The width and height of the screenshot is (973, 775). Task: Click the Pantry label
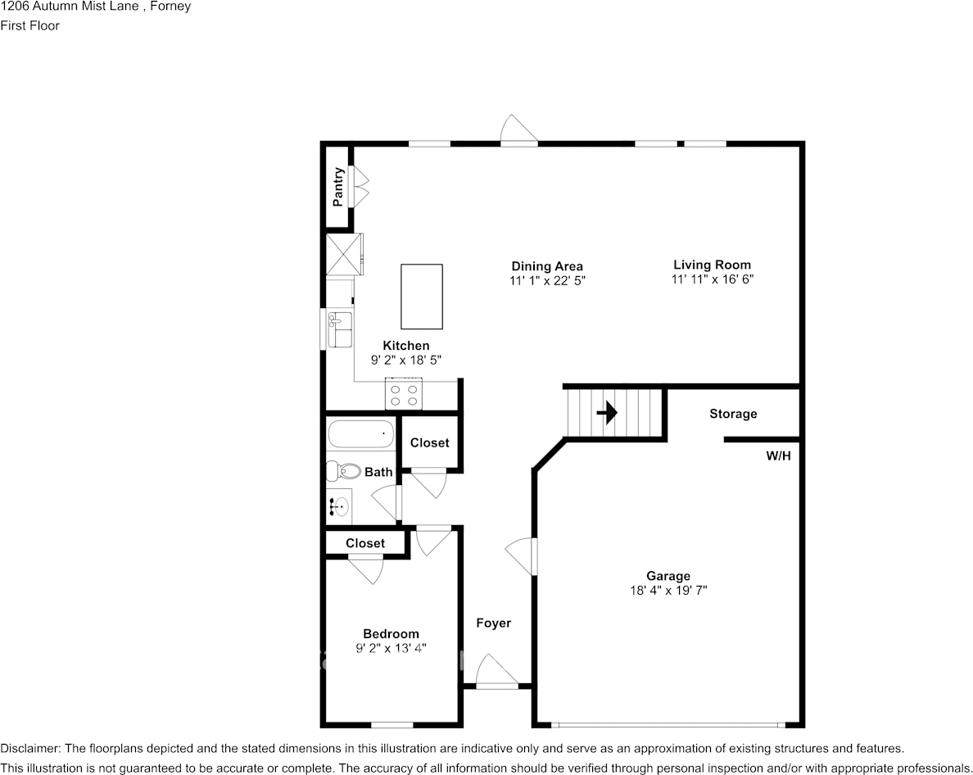click(337, 187)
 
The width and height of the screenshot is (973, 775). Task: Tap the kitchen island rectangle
click(422, 296)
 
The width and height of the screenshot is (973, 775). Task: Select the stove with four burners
click(405, 396)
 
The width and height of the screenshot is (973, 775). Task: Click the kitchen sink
click(339, 329)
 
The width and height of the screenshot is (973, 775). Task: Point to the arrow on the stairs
click(607, 413)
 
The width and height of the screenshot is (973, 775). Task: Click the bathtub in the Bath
click(361, 433)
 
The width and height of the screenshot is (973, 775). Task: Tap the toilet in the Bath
click(343, 471)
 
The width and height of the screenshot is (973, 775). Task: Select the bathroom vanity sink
click(339, 507)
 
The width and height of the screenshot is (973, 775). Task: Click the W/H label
click(778, 455)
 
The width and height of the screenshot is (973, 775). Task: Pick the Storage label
click(733, 414)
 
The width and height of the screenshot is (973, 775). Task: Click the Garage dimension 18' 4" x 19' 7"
click(668, 590)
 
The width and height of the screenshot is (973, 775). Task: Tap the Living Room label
click(712, 265)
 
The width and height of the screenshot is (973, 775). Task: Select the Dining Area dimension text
click(547, 280)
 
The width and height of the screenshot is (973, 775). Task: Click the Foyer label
click(494, 623)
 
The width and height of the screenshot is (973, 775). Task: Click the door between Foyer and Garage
click(523, 556)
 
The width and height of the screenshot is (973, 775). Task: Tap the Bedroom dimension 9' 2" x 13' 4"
click(391, 648)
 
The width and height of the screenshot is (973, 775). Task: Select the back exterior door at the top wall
click(519, 133)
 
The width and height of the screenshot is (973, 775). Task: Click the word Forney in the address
click(170, 7)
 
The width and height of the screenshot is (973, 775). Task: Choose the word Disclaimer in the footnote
click(29, 749)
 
